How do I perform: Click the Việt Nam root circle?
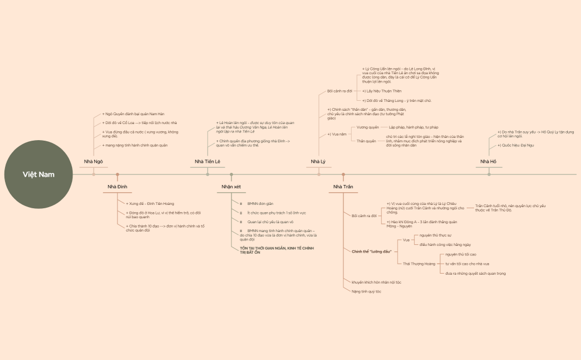[x=39, y=174]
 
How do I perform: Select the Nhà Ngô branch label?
[x=94, y=161]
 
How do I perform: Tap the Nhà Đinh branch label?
[x=117, y=187]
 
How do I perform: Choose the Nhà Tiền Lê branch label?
[x=208, y=161]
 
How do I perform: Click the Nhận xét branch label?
[x=232, y=187]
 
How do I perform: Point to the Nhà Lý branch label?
[x=318, y=161]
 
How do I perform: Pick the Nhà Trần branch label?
[x=343, y=187]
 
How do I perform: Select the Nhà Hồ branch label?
[x=489, y=161]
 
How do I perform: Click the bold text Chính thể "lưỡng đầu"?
[x=372, y=251]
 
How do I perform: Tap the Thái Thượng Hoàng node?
[x=419, y=264]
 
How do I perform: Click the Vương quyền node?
[x=368, y=127]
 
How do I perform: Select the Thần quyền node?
[x=366, y=141]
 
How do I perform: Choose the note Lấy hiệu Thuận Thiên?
[x=383, y=91]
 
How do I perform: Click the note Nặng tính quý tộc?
[x=367, y=291]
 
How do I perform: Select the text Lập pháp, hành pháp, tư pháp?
[x=413, y=127]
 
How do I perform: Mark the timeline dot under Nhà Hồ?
[x=489, y=174]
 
